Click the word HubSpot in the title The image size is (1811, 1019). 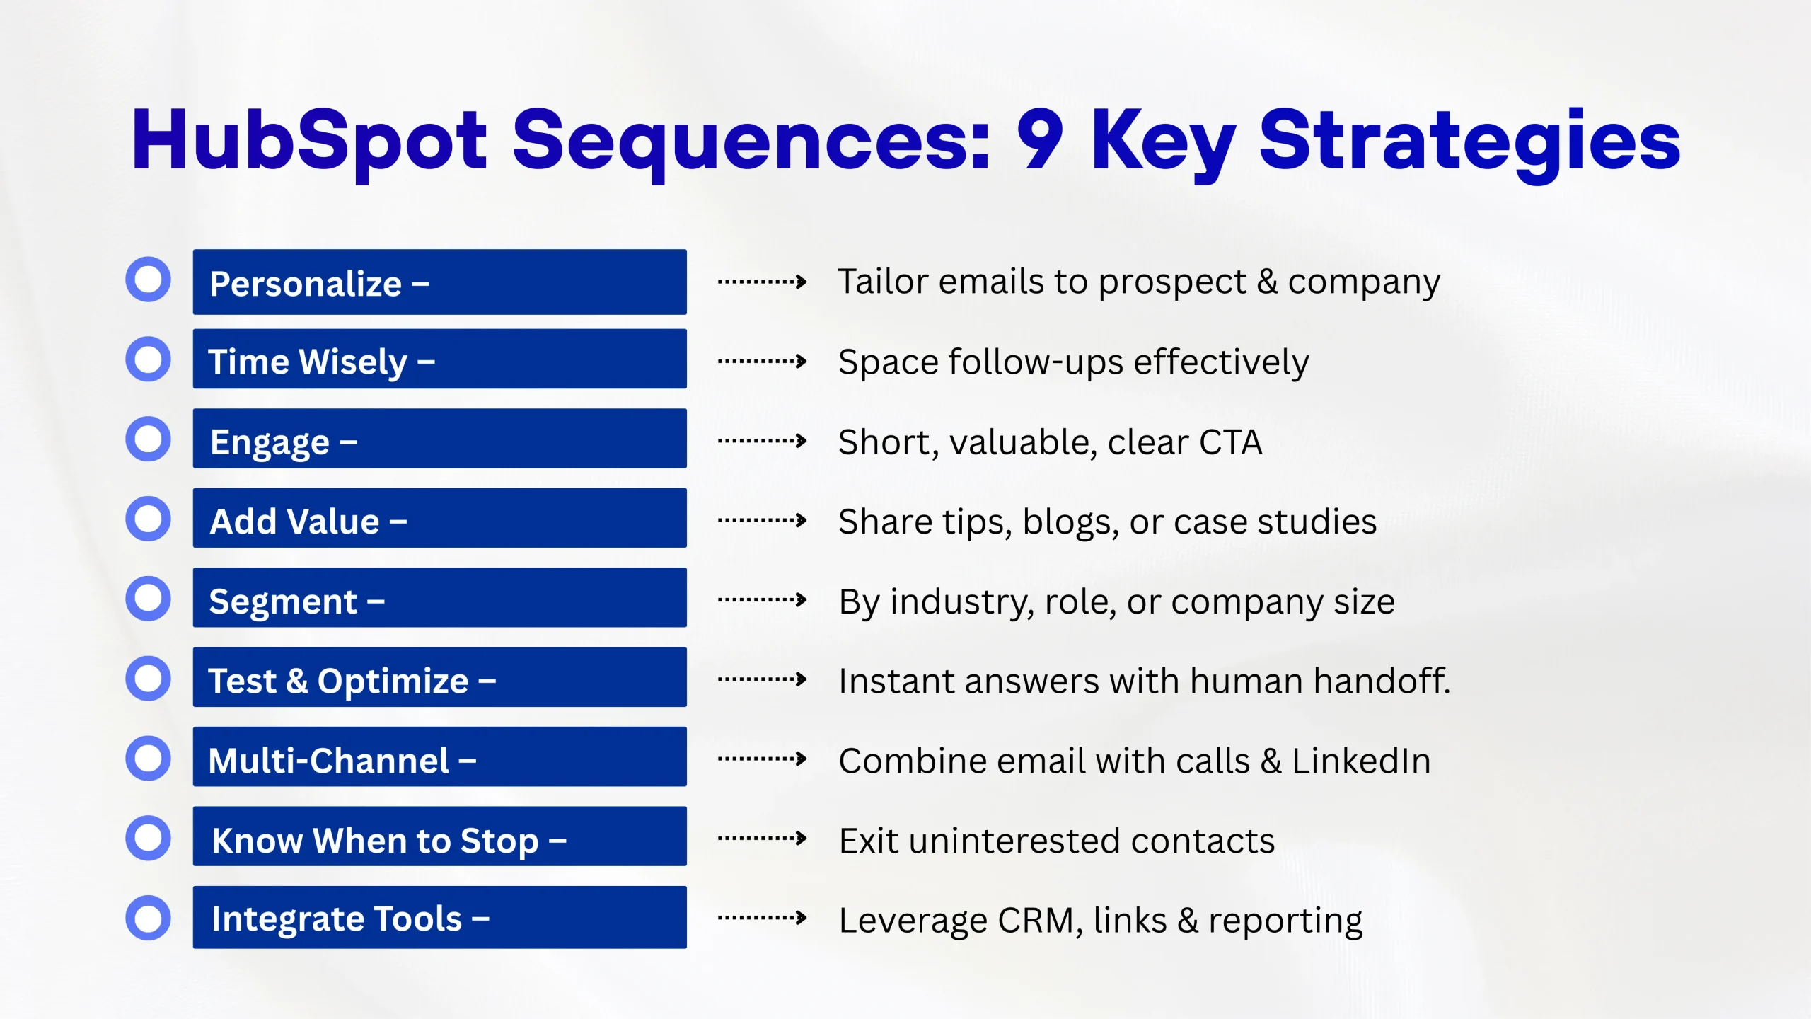point(309,142)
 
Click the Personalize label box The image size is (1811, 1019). point(439,282)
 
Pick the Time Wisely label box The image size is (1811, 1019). point(439,359)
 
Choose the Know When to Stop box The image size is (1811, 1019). point(439,836)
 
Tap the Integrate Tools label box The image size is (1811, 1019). point(439,917)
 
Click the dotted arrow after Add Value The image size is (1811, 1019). point(762,520)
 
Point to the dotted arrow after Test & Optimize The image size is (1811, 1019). point(762,679)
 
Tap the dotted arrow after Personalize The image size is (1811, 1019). point(762,282)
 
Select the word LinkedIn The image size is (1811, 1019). point(1361,761)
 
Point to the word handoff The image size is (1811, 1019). point(1382,681)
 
